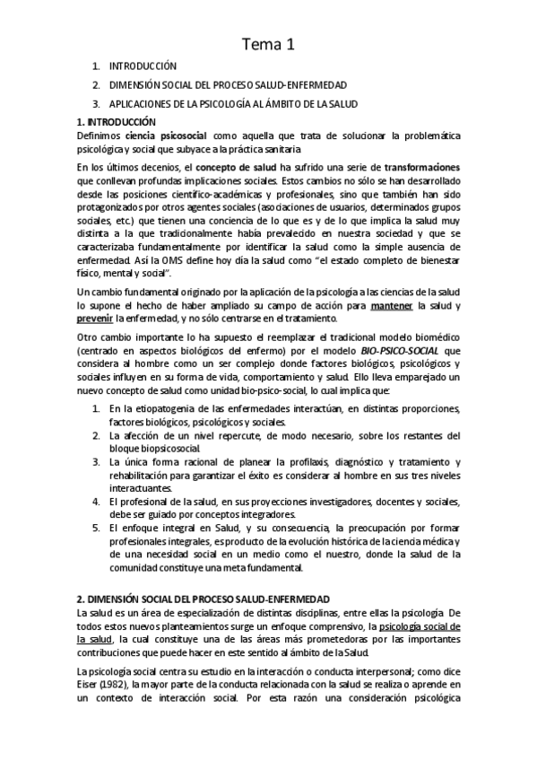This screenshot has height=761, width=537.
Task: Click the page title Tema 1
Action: click(268, 43)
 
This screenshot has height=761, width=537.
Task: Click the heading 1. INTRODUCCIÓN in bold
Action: click(117, 121)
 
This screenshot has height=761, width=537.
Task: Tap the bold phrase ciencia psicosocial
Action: click(143, 135)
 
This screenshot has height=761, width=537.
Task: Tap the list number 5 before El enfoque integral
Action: click(97, 529)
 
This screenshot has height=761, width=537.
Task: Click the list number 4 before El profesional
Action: click(97, 502)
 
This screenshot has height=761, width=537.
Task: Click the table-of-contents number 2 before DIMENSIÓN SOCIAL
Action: click(96, 84)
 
